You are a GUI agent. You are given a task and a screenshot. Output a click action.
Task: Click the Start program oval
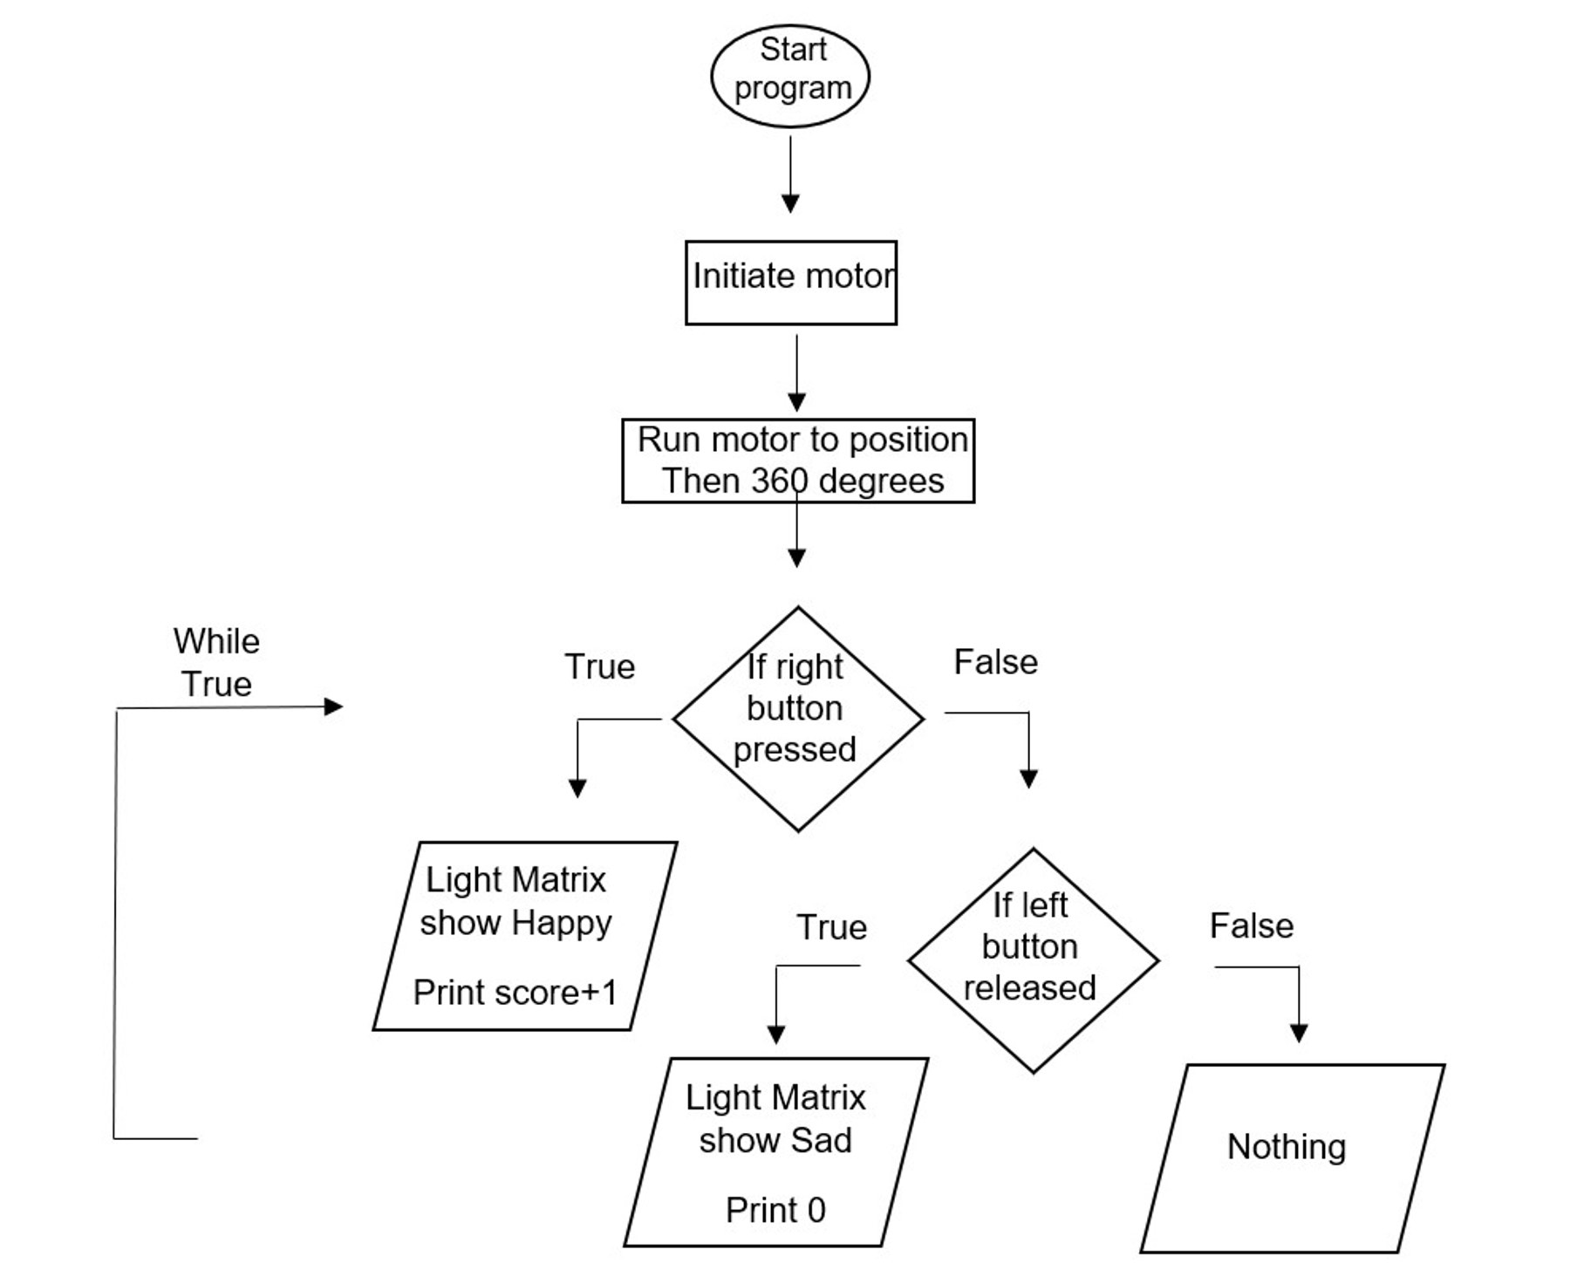[x=790, y=76]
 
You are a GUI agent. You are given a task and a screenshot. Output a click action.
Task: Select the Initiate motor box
[x=791, y=283]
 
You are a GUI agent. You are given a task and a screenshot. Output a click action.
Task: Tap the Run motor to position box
[x=798, y=461]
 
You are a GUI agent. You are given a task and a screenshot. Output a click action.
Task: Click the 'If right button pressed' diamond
[x=797, y=719]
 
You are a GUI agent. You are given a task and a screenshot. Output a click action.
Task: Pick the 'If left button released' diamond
[x=1033, y=960]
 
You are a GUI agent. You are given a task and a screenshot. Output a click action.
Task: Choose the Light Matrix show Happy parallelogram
[x=524, y=935]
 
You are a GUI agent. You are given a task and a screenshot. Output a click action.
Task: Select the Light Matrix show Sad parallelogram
[x=775, y=1151]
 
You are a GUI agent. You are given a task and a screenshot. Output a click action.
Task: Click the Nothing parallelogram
[x=1291, y=1157]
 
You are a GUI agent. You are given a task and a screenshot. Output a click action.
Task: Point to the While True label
[x=216, y=662]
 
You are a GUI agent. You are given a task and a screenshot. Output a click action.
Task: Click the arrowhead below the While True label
[x=333, y=707]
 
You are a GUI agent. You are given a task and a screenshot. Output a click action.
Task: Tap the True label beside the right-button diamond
[x=600, y=666]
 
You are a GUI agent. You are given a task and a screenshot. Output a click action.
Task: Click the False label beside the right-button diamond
[x=995, y=662]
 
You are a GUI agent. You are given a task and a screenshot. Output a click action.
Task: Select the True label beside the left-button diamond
[x=831, y=927]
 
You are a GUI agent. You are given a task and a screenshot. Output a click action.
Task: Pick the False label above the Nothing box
[x=1251, y=925]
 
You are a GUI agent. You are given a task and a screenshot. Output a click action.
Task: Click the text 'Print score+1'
[x=515, y=992]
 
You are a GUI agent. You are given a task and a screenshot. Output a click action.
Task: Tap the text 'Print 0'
[x=775, y=1210]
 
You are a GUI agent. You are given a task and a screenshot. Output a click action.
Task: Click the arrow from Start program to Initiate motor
[x=790, y=174]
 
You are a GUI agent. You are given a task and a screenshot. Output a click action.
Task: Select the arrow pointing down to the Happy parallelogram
[x=577, y=759]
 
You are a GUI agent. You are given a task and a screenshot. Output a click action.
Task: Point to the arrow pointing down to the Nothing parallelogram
[x=1299, y=1003]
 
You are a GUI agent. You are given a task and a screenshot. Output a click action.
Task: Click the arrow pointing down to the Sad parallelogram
[x=775, y=1003]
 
